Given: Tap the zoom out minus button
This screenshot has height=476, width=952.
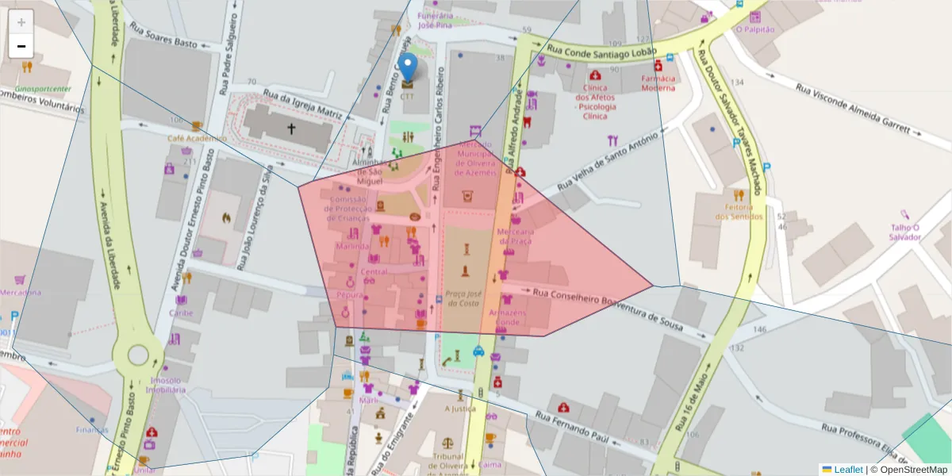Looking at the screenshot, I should click(x=21, y=46).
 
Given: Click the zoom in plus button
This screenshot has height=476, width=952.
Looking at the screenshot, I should click(x=21, y=22).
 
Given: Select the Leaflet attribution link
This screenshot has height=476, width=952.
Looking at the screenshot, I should click(x=842, y=469).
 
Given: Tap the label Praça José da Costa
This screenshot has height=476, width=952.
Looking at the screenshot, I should click(x=463, y=297).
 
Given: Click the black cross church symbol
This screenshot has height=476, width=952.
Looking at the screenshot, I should click(x=291, y=128).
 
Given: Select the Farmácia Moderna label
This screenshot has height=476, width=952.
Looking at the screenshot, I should click(x=658, y=83).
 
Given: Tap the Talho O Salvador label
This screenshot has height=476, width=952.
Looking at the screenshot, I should click(x=904, y=232).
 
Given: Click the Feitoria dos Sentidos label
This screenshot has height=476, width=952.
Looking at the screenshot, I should click(x=739, y=211).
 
